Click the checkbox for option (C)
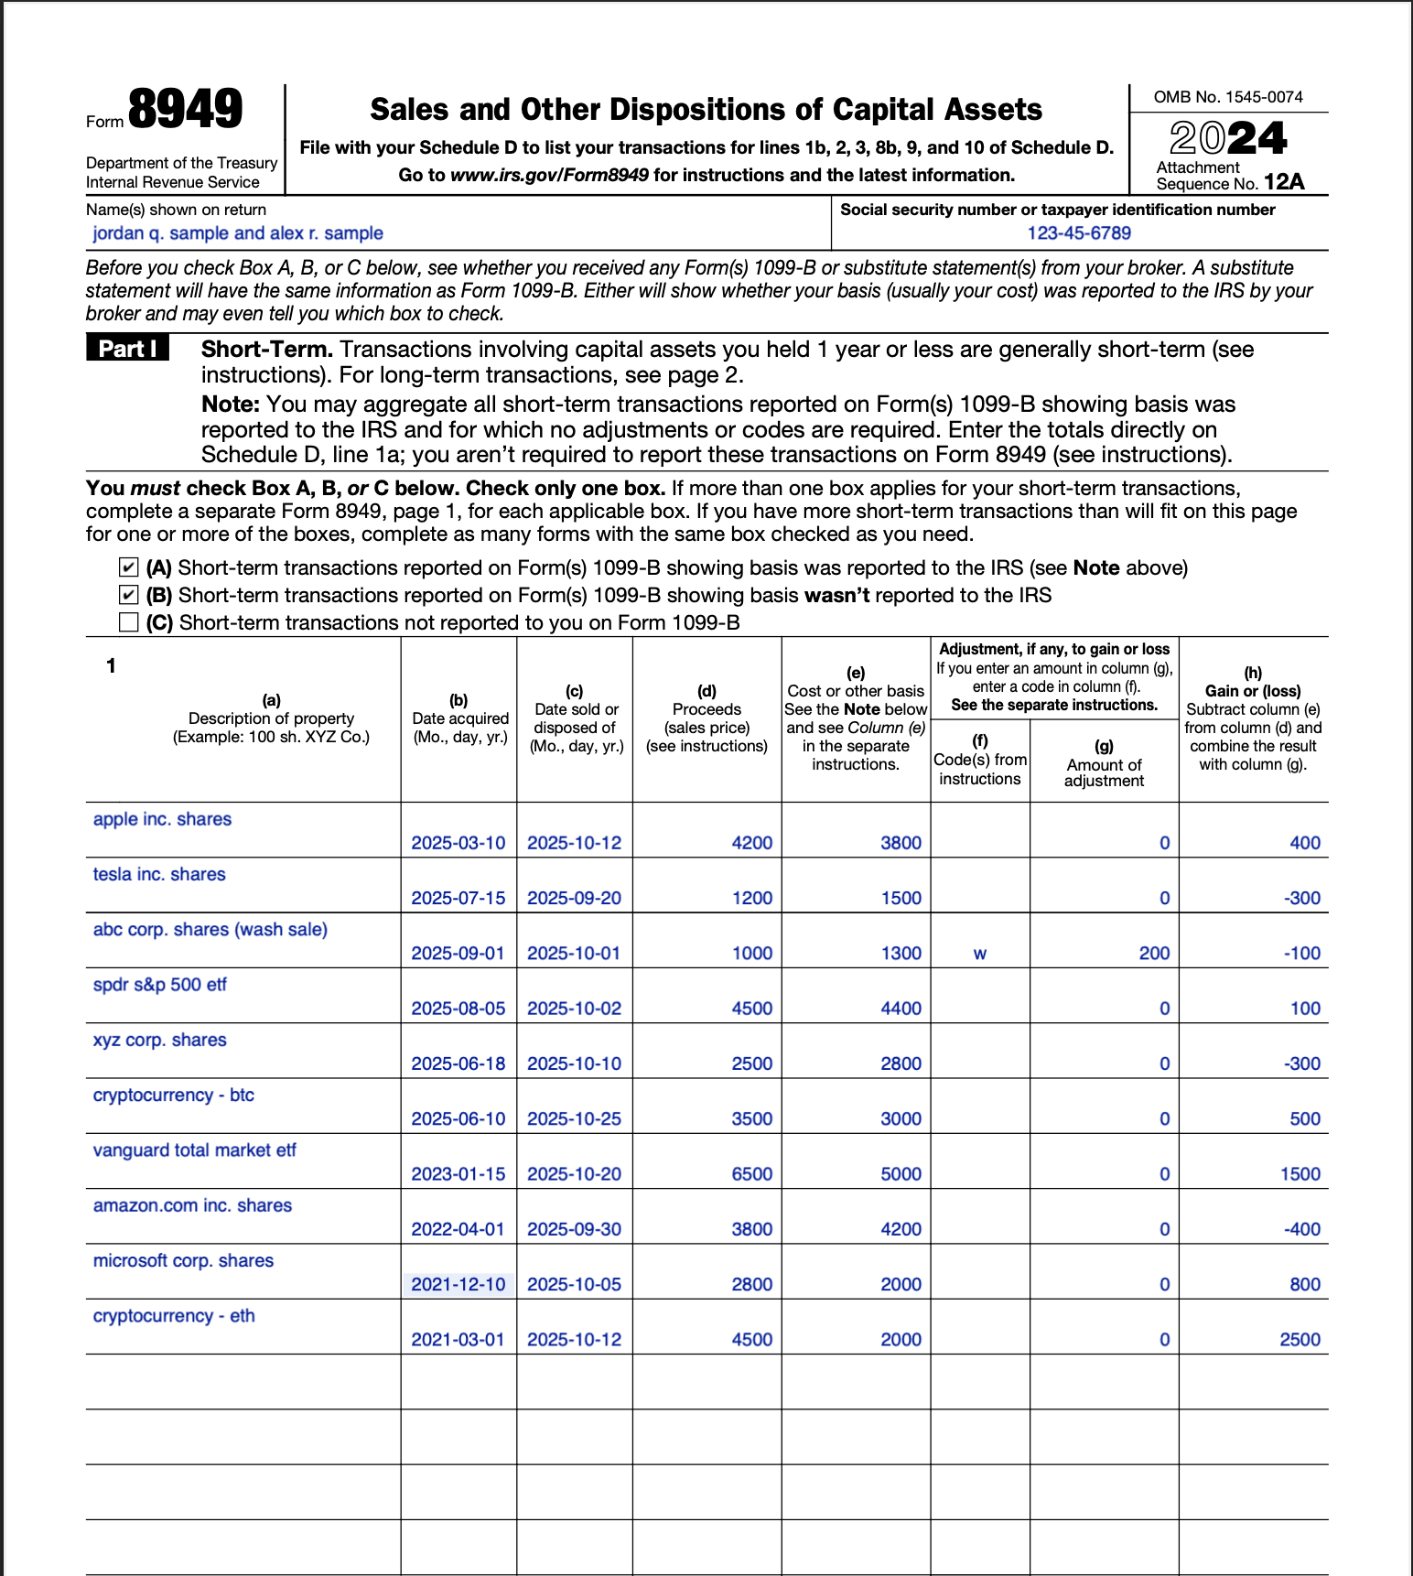129,623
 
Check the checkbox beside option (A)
129,568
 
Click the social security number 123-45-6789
1079,233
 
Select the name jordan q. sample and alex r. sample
238,233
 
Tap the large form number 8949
185,110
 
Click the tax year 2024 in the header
1228,138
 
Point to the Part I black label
128,349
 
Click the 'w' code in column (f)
979,954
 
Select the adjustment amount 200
1153,954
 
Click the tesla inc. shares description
159,875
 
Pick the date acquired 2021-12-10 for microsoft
458,1285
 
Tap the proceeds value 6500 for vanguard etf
751,1174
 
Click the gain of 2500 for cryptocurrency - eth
1299,1340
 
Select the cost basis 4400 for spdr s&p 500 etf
901,1009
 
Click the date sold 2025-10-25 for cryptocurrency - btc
574,1119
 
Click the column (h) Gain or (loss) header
1252,691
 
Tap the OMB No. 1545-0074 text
1227,97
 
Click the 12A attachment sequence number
1283,183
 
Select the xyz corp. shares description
160,1041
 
